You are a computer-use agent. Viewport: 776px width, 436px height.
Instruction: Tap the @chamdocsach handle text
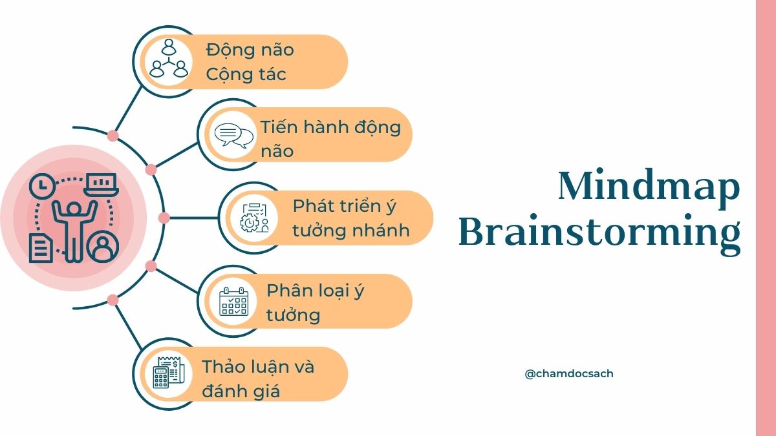(x=569, y=374)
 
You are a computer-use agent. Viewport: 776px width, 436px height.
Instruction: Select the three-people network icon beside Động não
(x=169, y=59)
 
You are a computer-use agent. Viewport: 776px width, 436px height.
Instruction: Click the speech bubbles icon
(x=234, y=136)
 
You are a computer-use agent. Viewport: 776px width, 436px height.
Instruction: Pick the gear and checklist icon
(x=255, y=218)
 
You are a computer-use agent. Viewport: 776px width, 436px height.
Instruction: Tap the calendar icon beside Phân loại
(x=234, y=301)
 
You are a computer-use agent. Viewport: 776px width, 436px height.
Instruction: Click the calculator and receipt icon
(x=169, y=372)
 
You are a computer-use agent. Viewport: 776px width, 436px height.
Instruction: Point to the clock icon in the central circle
(x=42, y=186)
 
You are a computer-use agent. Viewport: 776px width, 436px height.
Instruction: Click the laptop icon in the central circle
(x=101, y=184)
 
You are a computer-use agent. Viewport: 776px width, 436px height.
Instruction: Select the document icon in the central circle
(x=41, y=248)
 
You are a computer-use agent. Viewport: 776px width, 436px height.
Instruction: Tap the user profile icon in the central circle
(x=103, y=246)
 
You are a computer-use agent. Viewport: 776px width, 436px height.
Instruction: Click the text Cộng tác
(x=246, y=75)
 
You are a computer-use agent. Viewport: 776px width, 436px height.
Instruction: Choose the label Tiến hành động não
(x=330, y=139)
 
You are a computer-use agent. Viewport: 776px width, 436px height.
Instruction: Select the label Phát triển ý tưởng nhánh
(x=351, y=218)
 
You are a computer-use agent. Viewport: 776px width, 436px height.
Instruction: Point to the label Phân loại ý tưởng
(x=316, y=303)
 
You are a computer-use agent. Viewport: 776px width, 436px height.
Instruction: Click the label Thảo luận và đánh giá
(x=258, y=379)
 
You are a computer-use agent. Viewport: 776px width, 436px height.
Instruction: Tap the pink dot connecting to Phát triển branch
(x=164, y=218)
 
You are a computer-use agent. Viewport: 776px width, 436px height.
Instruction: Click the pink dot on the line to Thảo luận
(x=113, y=300)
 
